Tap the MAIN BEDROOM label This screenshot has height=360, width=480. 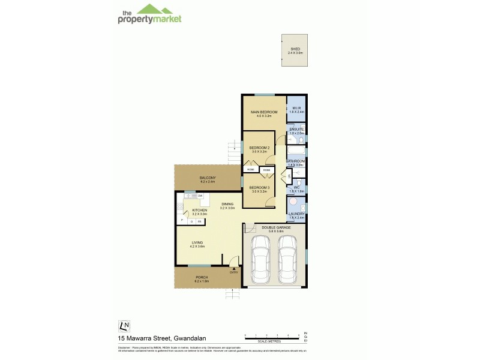(264, 112)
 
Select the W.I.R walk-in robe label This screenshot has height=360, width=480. (297, 109)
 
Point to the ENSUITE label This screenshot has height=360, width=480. (296, 130)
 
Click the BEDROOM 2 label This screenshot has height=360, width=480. (259, 148)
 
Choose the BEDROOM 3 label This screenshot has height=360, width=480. (259, 188)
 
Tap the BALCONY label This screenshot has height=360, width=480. (208, 178)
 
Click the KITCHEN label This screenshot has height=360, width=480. (200, 210)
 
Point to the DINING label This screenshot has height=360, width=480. (227, 205)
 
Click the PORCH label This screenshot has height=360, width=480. (201, 277)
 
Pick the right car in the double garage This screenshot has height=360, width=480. (287, 258)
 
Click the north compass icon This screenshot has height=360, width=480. (124, 326)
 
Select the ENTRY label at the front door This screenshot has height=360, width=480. (233, 272)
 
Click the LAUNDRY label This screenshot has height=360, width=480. (296, 214)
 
